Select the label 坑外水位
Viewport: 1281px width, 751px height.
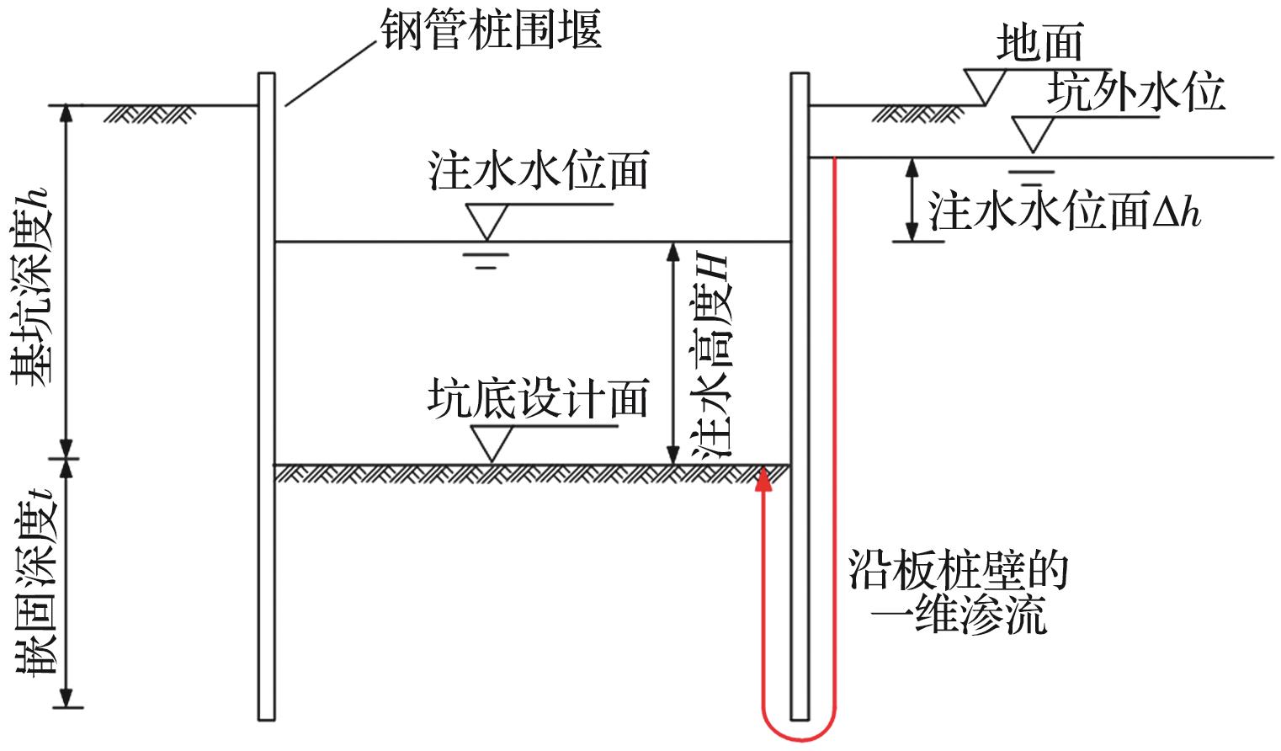click(x=1136, y=92)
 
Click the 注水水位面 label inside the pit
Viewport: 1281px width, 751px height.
click(x=539, y=171)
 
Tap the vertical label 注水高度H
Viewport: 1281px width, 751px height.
click(x=711, y=354)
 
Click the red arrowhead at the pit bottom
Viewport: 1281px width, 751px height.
click(x=763, y=477)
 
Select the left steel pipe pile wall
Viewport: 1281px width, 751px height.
click(x=267, y=396)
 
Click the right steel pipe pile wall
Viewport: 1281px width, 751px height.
click(x=800, y=396)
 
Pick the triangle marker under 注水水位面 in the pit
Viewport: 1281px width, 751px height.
click(x=487, y=221)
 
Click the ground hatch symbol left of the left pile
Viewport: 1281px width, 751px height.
click(x=150, y=113)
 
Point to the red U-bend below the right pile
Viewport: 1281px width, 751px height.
click(x=799, y=731)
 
